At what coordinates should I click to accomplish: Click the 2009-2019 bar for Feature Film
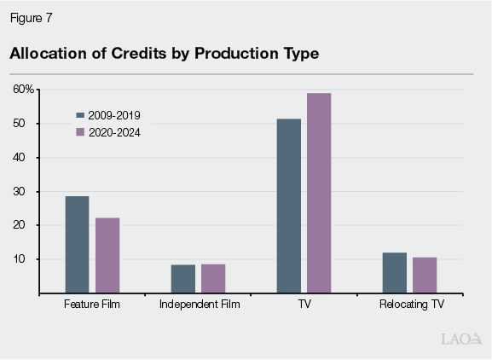[77, 245]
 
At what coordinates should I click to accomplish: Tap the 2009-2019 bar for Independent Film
[183, 279]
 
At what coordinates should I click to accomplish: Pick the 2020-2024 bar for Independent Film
[213, 279]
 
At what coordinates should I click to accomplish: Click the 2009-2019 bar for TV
[289, 206]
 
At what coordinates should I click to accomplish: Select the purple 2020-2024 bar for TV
[319, 193]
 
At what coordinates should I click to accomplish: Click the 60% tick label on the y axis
[23, 90]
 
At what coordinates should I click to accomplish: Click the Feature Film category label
[92, 305]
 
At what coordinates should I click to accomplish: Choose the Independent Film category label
[199, 305]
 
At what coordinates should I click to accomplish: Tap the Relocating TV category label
[410, 305]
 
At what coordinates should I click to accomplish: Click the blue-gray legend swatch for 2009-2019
[80, 114]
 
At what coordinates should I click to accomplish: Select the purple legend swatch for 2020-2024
[80, 131]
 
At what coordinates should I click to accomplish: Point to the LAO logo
[458, 339]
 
